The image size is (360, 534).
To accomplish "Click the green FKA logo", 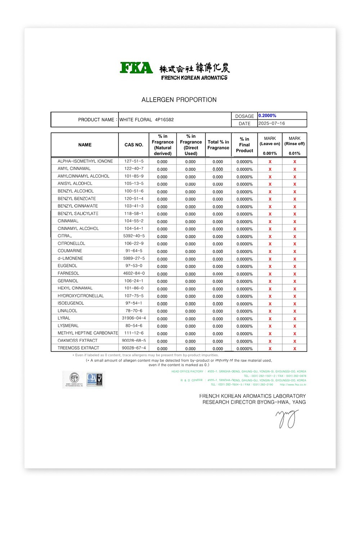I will [136, 68].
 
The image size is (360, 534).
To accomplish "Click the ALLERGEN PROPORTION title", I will [179, 100].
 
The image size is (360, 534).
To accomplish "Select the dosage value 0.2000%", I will [267, 116].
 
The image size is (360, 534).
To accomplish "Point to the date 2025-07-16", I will [271, 123].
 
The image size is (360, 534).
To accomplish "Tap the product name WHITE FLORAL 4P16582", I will [146, 120].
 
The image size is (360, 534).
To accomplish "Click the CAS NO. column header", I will [134, 145].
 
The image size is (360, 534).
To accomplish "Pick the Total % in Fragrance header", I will [218, 145].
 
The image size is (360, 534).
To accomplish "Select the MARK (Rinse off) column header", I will [294, 141].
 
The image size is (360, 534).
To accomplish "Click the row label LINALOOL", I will [67, 311].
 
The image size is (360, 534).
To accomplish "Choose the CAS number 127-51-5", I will [134, 161].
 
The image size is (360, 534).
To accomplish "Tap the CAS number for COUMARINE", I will [134, 251].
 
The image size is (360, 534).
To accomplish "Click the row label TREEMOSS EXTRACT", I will [78, 348].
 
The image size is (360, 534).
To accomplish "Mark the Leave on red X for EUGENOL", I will [270, 267].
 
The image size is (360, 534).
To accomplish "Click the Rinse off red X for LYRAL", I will [294, 319].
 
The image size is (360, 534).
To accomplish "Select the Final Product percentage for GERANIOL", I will [244, 281].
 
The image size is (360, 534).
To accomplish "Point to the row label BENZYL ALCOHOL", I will [76, 191].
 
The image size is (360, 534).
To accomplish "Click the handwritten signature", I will [287, 418].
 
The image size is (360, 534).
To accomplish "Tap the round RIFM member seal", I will [74, 379].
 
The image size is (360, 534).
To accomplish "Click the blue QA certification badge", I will [94, 379].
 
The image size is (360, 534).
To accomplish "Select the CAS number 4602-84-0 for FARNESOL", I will [134, 273].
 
